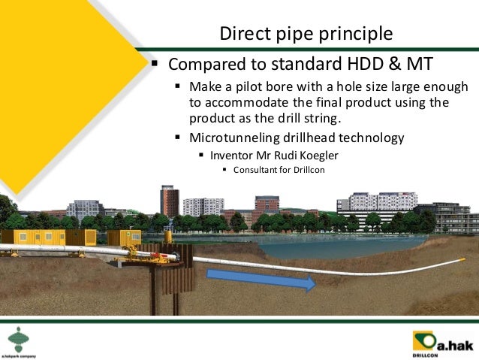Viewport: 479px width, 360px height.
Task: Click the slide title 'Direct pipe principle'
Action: click(305, 34)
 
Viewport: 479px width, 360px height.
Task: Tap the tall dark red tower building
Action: click(169, 200)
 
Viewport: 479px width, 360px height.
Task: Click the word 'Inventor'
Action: click(230, 155)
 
